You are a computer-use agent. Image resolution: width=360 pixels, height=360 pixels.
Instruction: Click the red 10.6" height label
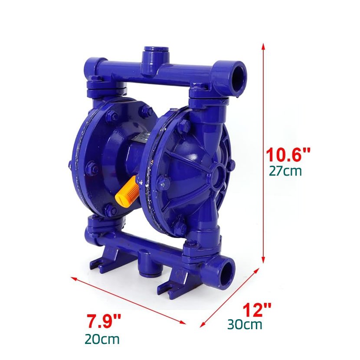(288, 154)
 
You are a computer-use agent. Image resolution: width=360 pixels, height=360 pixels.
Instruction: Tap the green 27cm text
(285, 171)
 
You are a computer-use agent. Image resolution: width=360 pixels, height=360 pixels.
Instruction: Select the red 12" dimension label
(257, 309)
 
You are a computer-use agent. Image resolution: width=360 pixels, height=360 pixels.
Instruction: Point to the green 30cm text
(245, 324)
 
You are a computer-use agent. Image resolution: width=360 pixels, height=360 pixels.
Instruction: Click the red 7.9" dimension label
(104, 321)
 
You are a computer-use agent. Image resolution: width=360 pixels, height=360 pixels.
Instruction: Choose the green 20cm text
(102, 339)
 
